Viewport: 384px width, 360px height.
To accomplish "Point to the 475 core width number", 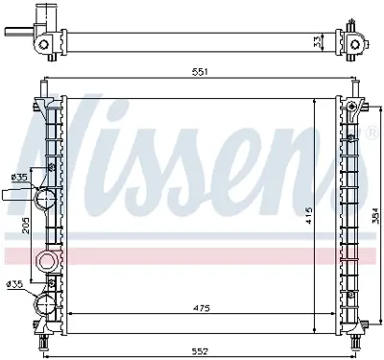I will point(199,307).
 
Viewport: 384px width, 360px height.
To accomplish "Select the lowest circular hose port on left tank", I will point(45,304).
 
